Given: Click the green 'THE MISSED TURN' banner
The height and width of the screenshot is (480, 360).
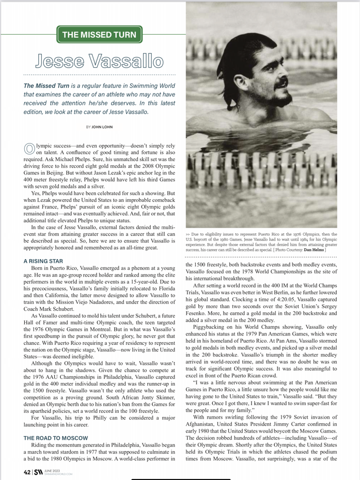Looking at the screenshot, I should pos(99,35).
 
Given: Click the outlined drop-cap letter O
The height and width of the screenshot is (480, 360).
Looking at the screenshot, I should pos(29,148).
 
